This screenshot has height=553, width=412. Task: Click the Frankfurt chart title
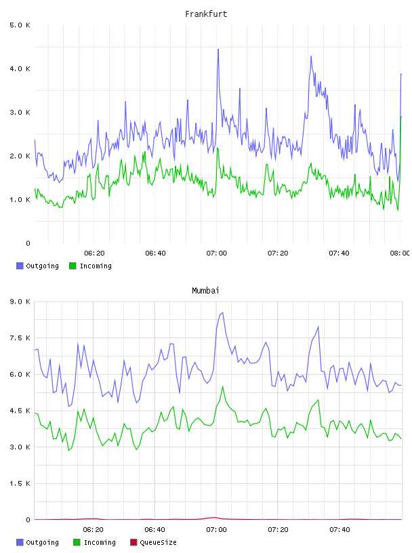206,14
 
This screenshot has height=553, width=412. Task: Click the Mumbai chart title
205,291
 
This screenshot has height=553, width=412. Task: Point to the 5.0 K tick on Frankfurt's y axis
20,25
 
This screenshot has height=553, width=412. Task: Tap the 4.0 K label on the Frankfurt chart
20,68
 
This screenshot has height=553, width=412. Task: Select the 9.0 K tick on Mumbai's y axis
20,302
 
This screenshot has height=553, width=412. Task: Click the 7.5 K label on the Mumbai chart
20,338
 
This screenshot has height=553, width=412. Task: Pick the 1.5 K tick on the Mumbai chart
20,483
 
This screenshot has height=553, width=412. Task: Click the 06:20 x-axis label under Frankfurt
94,253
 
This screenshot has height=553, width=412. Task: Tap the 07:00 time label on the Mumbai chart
216,529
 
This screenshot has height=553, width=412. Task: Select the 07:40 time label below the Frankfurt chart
339,253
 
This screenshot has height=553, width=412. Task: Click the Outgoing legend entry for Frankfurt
37,266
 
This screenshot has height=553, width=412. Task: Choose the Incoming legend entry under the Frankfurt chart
91,266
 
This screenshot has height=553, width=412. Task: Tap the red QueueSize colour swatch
133,542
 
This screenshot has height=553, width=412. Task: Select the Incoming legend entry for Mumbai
95,542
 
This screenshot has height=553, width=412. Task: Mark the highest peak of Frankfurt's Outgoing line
218,49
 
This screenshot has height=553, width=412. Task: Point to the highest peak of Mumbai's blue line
222,312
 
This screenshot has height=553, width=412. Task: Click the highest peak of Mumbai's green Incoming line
222,386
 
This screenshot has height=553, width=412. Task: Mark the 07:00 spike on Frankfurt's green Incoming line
218,148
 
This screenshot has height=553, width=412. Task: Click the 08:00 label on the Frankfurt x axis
400,253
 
